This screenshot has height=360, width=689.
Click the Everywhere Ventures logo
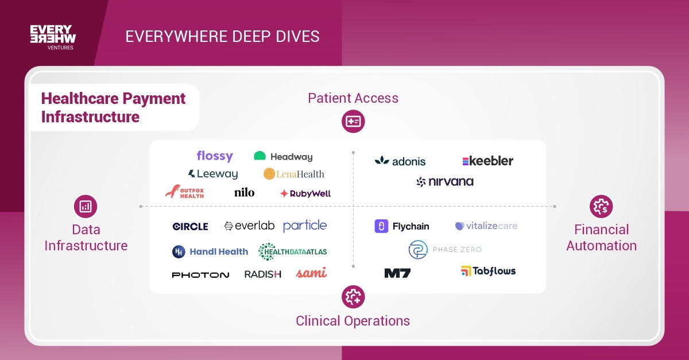(x=53, y=37)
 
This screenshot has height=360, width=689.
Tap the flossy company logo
(x=214, y=156)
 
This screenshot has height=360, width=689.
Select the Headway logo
(x=283, y=156)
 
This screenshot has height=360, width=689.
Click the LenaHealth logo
(x=294, y=173)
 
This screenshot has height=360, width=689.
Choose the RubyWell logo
(x=305, y=193)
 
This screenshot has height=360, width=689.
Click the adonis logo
(x=400, y=161)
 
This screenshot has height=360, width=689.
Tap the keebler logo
(x=487, y=161)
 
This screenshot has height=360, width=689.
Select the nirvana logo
(x=445, y=182)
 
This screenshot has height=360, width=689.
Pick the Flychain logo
(x=402, y=226)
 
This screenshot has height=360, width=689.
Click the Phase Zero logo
(x=445, y=250)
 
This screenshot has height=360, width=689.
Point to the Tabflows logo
(x=488, y=271)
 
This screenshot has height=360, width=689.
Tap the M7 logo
(x=397, y=273)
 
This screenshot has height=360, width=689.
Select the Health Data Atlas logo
(x=293, y=251)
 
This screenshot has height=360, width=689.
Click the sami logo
(x=311, y=273)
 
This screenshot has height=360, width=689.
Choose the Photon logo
(x=200, y=274)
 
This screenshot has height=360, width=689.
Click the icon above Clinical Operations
(x=353, y=297)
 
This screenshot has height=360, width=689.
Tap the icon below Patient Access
(x=353, y=121)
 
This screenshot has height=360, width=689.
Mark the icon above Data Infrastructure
(x=86, y=206)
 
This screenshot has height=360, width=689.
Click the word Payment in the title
(x=154, y=99)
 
